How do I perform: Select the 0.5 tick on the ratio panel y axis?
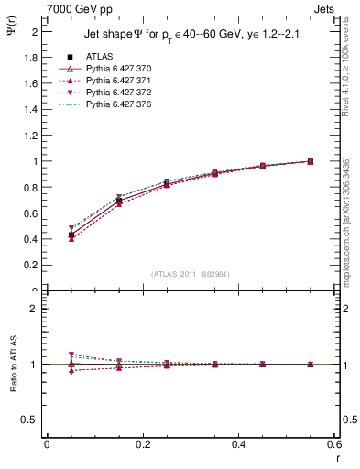pyautogui.click(x=33, y=420)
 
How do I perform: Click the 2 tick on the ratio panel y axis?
pyautogui.click(x=37, y=309)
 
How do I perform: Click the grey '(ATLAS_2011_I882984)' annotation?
pyautogui.click(x=190, y=274)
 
